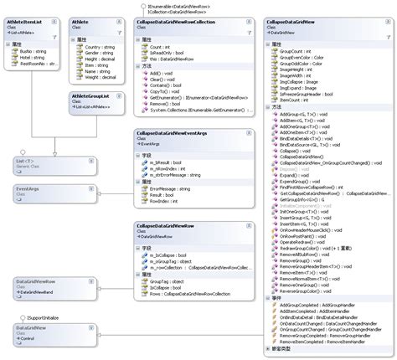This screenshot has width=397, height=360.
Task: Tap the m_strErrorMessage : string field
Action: pyautogui.click(x=178, y=174)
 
